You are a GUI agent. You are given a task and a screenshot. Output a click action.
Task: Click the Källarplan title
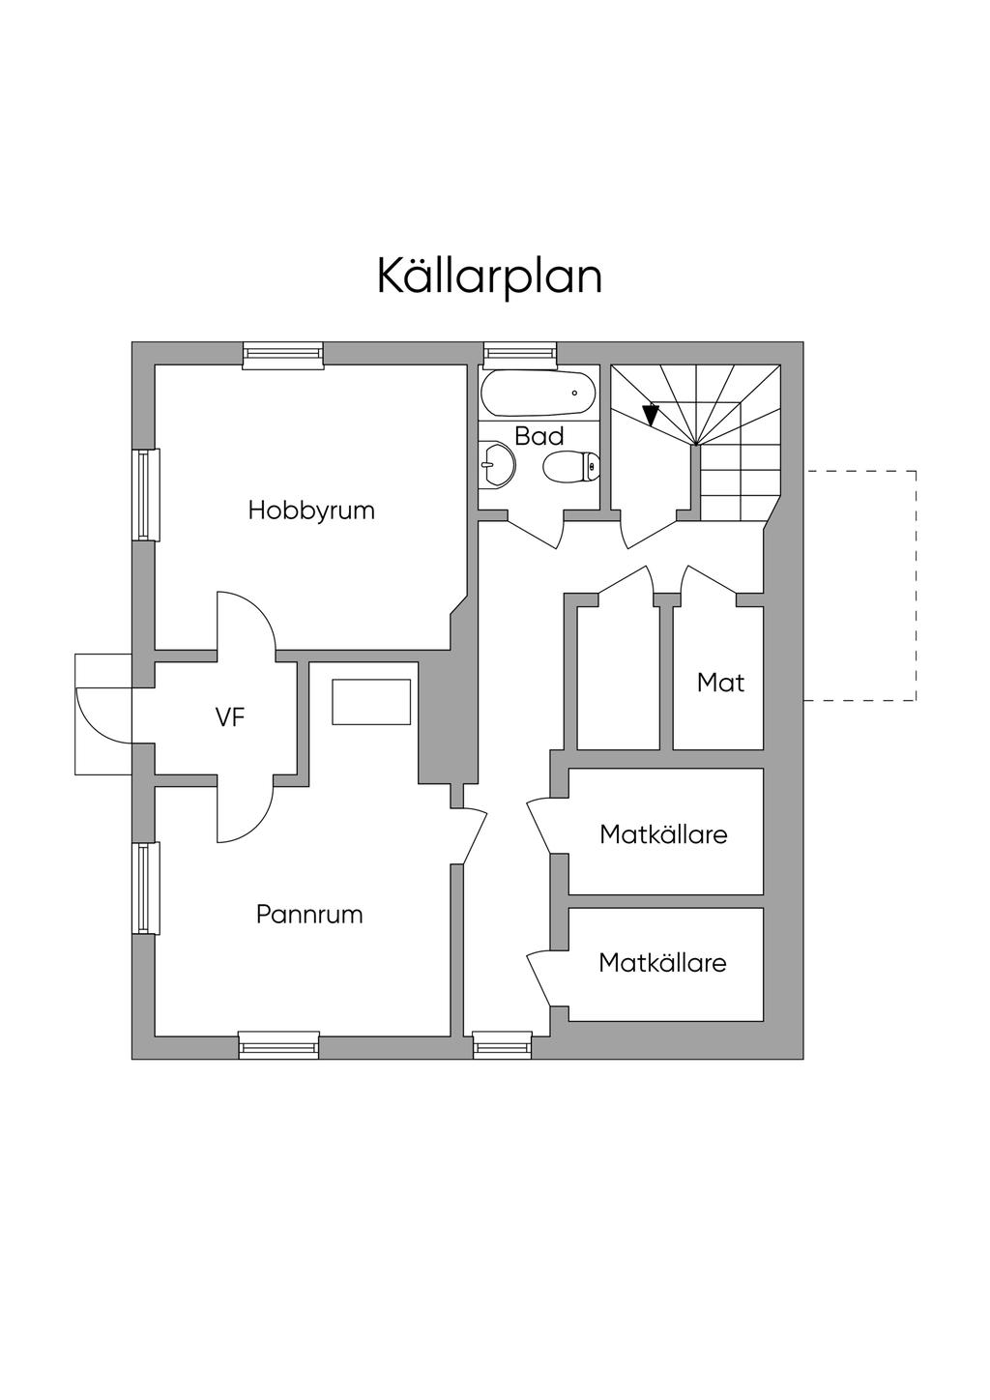click(489, 277)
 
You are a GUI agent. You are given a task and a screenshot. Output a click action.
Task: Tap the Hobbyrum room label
click(311, 510)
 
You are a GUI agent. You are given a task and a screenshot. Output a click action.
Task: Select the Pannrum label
click(309, 915)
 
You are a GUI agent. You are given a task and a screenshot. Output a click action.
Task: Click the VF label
click(230, 717)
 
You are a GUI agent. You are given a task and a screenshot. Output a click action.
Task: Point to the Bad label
click(539, 436)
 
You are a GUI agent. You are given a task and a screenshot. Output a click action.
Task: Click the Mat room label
click(720, 684)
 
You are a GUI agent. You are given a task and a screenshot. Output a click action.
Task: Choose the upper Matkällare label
click(663, 834)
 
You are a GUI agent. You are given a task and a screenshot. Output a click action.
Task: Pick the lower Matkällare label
click(662, 963)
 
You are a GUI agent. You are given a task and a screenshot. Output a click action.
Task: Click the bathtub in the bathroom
click(539, 394)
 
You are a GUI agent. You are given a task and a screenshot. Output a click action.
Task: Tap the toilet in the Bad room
click(569, 469)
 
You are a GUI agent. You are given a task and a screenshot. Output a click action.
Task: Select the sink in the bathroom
click(497, 465)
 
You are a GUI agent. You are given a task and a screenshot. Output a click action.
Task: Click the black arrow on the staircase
click(651, 415)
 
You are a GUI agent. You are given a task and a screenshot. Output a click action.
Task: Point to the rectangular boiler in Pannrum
click(372, 702)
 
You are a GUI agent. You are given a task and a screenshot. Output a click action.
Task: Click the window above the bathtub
click(520, 355)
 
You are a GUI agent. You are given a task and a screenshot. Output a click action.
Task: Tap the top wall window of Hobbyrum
click(282, 355)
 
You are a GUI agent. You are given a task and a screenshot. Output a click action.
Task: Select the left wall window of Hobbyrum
click(144, 494)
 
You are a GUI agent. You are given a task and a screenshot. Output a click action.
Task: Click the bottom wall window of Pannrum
click(278, 1045)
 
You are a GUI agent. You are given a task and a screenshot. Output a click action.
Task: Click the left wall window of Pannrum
click(144, 889)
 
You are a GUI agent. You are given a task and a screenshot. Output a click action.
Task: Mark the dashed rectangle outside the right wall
click(860, 585)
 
